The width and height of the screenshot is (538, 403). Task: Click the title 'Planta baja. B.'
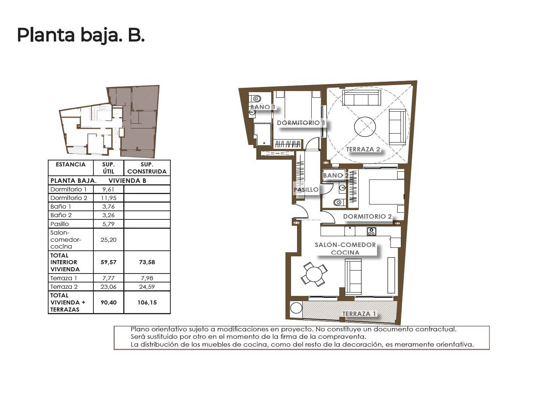(x=81, y=35)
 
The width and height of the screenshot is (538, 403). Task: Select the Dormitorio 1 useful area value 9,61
(x=108, y=190)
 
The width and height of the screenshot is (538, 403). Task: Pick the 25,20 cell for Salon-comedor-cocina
(x=108, y=240)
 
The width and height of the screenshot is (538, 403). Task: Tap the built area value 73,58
(x=147, y=262)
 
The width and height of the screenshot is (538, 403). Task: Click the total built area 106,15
(x=147, y=302)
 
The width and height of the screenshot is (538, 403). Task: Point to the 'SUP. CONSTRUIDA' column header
(x=147, y=168)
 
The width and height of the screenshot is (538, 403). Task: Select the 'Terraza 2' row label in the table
(x=64, y=287)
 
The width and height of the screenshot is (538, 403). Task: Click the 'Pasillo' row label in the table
(x=59, y=224)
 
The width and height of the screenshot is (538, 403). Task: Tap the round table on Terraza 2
(x=365, y=127)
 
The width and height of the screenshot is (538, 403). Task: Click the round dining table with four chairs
(x=314, y=274)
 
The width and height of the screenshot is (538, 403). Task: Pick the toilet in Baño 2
(x=339, y=202)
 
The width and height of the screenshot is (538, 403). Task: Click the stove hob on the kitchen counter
(x=371, y=231)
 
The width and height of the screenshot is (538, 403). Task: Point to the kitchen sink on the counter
(x=350, y=231)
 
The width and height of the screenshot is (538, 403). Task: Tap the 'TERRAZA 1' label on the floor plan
(x=359, y=314)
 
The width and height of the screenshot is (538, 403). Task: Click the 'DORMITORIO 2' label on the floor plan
(x=367, y=216)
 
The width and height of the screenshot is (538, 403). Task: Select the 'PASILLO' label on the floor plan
(x=306, y=190)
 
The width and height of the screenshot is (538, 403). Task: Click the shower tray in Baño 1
(x=262, y=134)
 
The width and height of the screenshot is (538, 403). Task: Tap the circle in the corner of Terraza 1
(x=296, y=308)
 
